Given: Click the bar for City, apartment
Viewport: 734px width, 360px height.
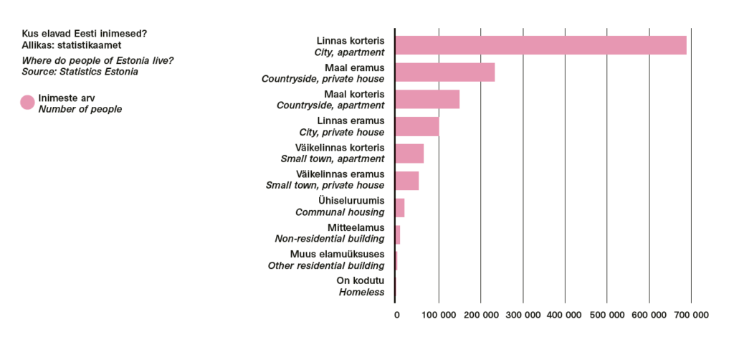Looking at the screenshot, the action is coord(540,45).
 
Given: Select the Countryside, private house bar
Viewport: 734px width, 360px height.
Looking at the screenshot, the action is coord(444,72).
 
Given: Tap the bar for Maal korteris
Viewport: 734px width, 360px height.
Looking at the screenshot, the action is coord(427,99).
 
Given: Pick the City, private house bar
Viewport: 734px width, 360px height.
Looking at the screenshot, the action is coord(417,126).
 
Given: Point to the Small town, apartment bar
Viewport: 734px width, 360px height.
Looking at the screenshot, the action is coord(409,153).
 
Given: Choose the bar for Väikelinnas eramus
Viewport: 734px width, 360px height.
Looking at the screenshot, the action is coord(407,180).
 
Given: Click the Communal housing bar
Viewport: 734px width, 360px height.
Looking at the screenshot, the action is coord(400,207).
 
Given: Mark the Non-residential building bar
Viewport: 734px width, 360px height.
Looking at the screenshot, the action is coord(397,235).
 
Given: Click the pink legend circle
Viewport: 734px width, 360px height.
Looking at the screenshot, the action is coord(28,103).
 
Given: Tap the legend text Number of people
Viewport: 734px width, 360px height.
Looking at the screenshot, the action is coord(80,110).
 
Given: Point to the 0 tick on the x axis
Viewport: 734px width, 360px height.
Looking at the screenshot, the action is coord(397,315).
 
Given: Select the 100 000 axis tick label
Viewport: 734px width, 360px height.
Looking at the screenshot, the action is coord(439,315).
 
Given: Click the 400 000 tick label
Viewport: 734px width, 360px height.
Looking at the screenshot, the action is coord(565,315).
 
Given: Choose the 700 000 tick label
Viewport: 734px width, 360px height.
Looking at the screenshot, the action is coord(692,315).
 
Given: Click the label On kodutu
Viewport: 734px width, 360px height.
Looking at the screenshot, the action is coord(361,281).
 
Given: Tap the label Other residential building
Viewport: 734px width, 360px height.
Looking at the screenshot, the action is coord(326,266).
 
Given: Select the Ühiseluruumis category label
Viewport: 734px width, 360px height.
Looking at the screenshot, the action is coord(351,201).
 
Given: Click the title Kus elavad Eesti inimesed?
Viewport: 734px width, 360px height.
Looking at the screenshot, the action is coord(85,34).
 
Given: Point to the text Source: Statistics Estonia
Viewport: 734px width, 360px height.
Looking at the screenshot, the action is coord(80,72).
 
